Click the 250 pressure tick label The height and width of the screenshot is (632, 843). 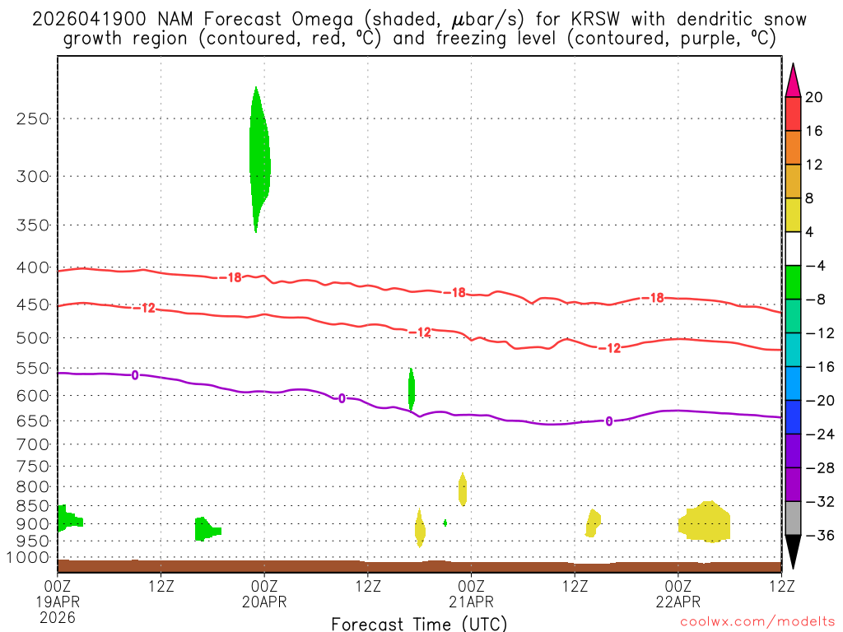coord(32,118)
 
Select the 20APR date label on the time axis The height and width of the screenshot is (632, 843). coord(263,602)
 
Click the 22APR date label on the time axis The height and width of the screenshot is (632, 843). coord(678,602)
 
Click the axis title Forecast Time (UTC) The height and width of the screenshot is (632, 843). coord(419,624)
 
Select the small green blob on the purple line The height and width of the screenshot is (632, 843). coord(412,388)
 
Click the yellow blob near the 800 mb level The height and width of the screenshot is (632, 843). coord(463,489)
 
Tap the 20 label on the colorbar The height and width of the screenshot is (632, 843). coord(814,97)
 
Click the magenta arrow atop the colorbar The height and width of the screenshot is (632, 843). coord(793,80)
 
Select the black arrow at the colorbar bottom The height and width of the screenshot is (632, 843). coord(793,552)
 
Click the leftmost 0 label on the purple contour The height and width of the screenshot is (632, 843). coord(135,375)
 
